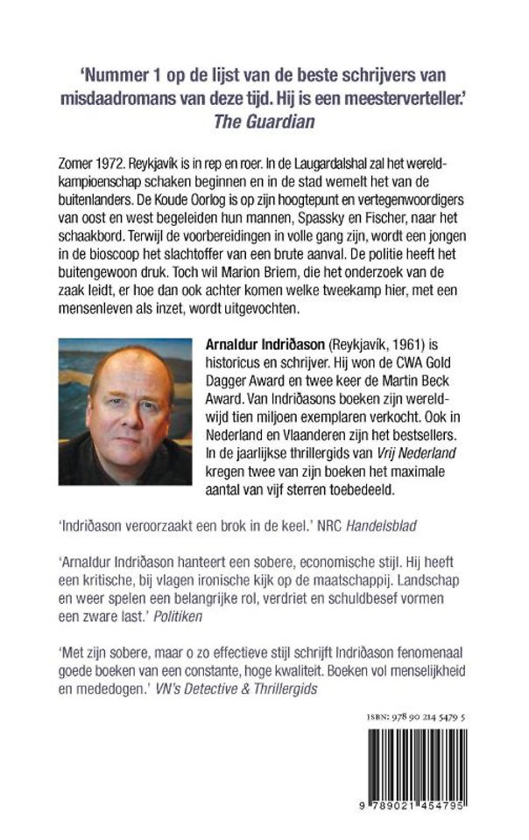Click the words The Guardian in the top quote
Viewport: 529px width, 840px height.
tap(264, 122)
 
